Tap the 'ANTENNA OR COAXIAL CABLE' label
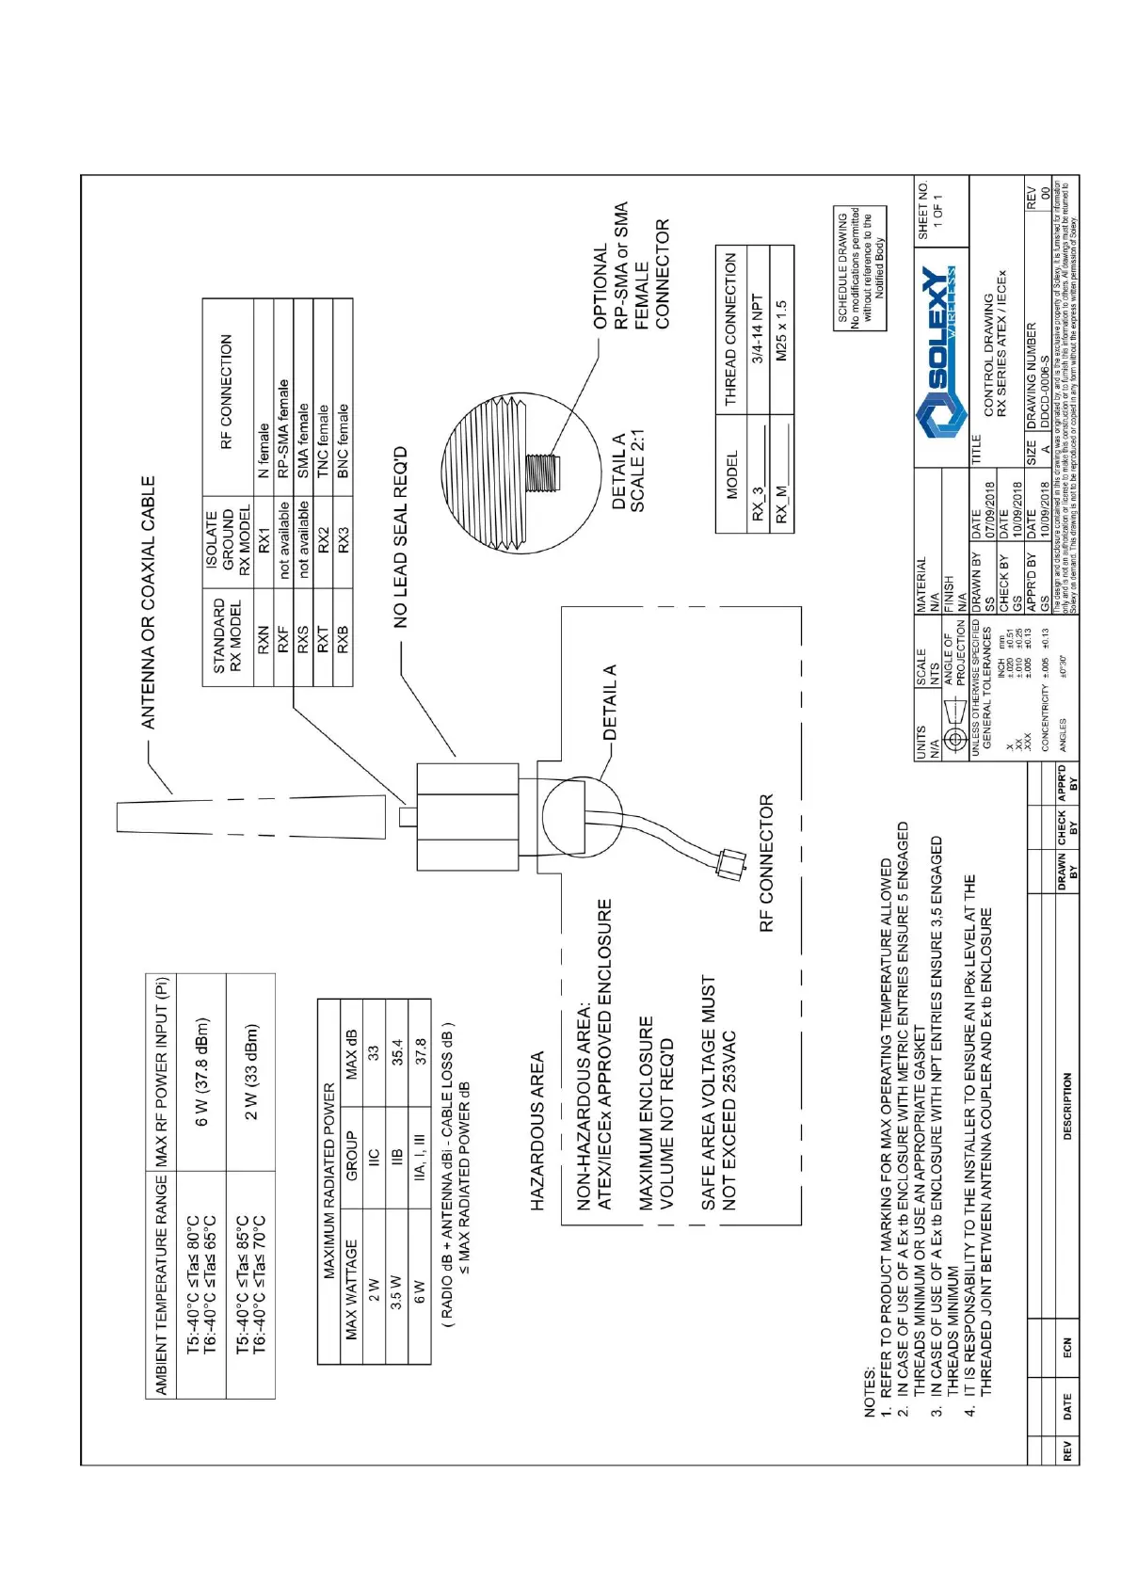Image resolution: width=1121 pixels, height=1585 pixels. (x=148, y=602)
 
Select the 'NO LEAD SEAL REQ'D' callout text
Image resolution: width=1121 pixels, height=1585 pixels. (x=400, y=536)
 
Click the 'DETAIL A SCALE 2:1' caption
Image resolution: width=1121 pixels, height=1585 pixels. (x=628, y=472)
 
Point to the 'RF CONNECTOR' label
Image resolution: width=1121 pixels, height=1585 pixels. (x=766, y=862)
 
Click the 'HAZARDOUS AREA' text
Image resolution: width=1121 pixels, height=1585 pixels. (x=537, y=1129)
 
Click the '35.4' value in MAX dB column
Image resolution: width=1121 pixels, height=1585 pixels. (x=396, y=1051)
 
